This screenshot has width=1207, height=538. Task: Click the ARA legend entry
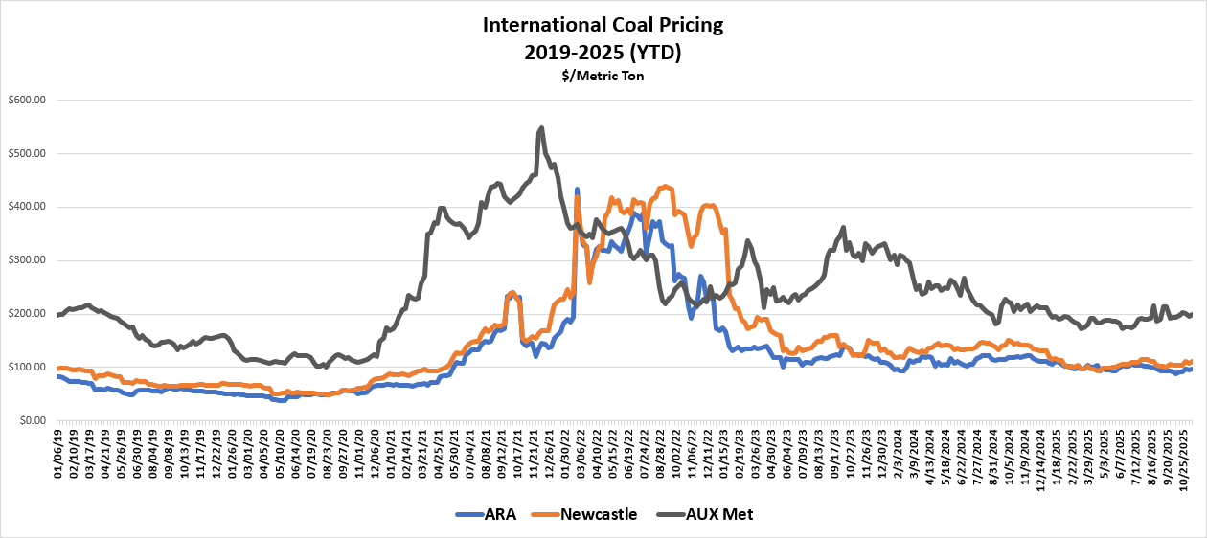click(498, 514)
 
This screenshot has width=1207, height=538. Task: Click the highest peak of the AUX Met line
click(541, 127)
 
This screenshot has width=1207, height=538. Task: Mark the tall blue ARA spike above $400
click(577, 190)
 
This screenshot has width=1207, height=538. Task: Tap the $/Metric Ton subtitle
click(603, 76)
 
